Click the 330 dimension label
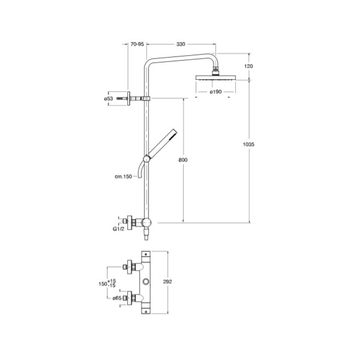coord(181,44)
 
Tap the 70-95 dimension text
coord(137,44)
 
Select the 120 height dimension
coord(248,66)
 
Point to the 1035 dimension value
coord(248,144)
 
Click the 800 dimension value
coord(183,160)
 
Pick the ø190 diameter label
coord(215,92)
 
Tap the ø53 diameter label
coord(109,99)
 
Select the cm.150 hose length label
coord(123,176)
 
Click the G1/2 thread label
coord(118,229)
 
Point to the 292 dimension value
coord(167,282)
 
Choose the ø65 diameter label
coord(117,298)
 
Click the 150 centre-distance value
coord(103,284)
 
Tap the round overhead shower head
coord(215,77)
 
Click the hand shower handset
coord(163,143)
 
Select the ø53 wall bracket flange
coord(128,98)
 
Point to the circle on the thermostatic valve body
coord(146,281)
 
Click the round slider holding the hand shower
coord(146,158)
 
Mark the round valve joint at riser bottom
coord(146,223)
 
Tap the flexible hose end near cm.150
coord(140,176)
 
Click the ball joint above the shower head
coord(215,68)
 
